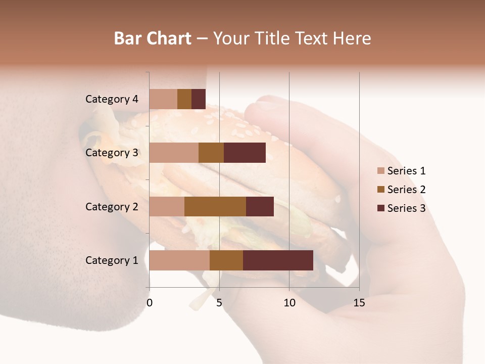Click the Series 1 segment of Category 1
[179, 260]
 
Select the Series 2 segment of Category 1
[226, 260]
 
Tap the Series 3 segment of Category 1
[278, 260]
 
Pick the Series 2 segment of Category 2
[215, 206]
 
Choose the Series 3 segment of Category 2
[260, 206]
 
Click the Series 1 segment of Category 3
[174, 153]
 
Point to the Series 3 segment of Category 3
[245, 153]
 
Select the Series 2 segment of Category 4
[184, 99]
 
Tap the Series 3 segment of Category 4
[199, 99]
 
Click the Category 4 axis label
[112, 99]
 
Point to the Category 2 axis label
[112, 206]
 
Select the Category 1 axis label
[112, 260]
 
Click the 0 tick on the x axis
[150, 303]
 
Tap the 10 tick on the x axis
[289, 303]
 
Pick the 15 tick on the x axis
[359, 303]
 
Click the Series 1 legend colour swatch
[380, 171]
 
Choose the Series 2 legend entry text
[406, 190]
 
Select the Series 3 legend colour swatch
[380, 208]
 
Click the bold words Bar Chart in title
[153, 38]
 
